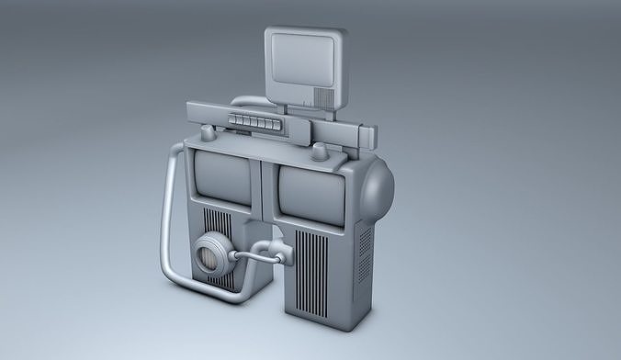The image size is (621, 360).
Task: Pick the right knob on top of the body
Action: coord(319,150)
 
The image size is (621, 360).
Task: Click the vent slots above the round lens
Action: coord(218,222)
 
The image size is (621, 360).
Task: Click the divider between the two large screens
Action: coord(265,184)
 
